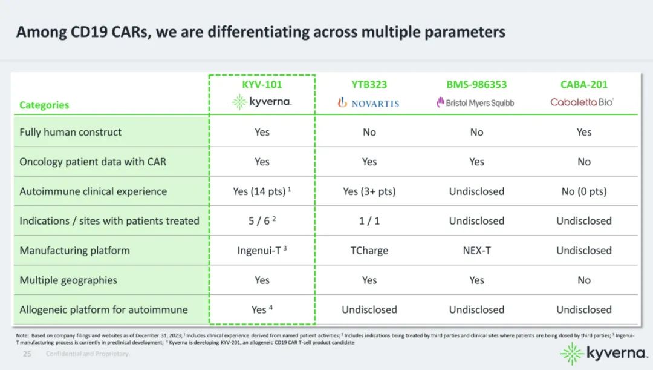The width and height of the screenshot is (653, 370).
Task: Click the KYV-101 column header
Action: tap(262, 85)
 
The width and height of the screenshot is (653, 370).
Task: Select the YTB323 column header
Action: tap(369, 85)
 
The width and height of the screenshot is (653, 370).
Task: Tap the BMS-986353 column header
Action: tap(476, 85)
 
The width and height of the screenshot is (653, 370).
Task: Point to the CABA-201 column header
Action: tap(584, 85)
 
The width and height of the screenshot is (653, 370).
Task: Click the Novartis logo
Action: tap(369, 102)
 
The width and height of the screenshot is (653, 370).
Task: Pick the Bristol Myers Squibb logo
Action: tap(475, 102)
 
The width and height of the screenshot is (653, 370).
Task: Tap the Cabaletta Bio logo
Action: tap(582, 102)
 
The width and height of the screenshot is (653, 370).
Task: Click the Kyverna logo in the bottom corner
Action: tap(604, 354)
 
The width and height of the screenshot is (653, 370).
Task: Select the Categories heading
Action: tap(44, 105)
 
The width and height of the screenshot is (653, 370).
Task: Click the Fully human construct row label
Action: tap(70, 132)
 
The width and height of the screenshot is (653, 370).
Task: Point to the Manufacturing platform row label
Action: tap(74, 251)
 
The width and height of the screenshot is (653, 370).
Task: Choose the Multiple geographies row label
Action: tap(68, 280)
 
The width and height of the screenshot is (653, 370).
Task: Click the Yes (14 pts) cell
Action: tap(262, 191)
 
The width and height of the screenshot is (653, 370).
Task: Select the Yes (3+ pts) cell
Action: tap(369, 191)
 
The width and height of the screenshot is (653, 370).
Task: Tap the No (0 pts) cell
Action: tap(584, 191)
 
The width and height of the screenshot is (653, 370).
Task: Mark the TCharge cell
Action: tap(369, 251)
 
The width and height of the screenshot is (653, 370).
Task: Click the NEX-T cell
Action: tap(476, 251)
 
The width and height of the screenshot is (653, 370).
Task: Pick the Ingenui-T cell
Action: tap(262, 250)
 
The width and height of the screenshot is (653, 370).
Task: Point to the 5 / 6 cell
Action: tap(262, 220)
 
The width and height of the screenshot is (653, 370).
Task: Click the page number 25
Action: tap(27, 354)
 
